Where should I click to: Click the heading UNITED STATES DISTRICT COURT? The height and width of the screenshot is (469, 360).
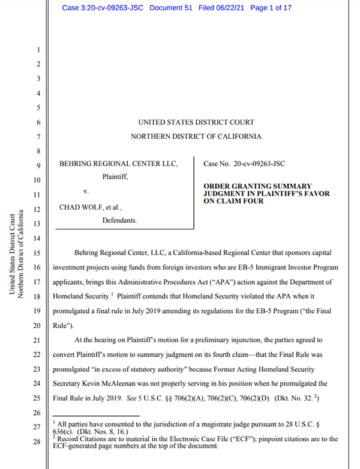[x=196, y=123]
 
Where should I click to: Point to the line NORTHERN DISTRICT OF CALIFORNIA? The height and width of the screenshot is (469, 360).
[x=196, y=137]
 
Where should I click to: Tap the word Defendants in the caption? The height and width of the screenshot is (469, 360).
[x=119, y=221]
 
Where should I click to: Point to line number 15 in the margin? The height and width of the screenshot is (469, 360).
[x=37, y=253]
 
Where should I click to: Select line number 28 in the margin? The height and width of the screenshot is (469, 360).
[x=37, y=442]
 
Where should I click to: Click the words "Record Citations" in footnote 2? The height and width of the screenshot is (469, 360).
[x=84, y=439]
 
